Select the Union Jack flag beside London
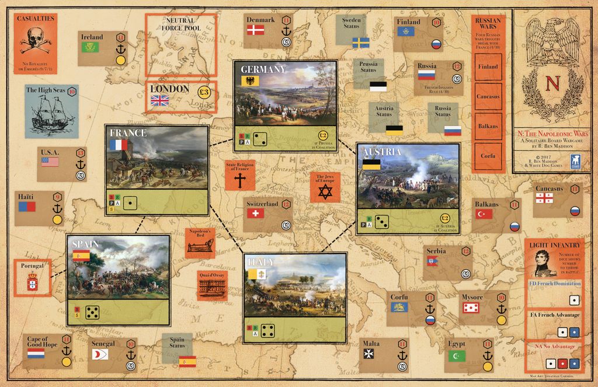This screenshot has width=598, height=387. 159,100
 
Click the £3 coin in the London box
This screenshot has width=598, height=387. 204,91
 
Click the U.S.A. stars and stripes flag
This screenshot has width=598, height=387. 50,162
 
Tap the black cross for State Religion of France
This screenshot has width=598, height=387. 239,180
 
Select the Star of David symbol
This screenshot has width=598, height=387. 324,191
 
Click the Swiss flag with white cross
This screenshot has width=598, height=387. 255,214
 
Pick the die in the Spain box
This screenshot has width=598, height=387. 92,312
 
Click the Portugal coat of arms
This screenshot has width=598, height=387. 33,283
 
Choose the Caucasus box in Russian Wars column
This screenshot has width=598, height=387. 488,96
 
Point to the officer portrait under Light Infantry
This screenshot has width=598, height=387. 544,263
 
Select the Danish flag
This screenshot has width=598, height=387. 255,30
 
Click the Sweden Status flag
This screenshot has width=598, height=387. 360,43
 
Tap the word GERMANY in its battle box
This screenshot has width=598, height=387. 263,69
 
